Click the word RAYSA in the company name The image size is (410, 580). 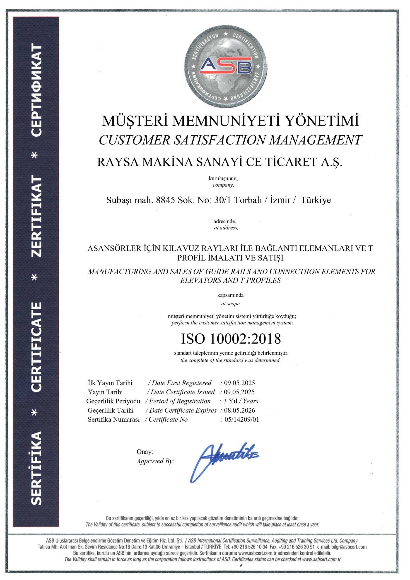pyautogui.click(x=118, y=162)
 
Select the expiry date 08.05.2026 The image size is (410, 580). pyautogui.click(x=239, y=410)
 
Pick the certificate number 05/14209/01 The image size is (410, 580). pyautogui.click(x=241, y=419)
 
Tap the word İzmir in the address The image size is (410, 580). pyautogui.click(x=280, y=200)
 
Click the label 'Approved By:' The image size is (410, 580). pyautogui.click(x=155, y=461)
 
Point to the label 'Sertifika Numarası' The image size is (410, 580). pyautogui.click(x=114, y=419)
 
